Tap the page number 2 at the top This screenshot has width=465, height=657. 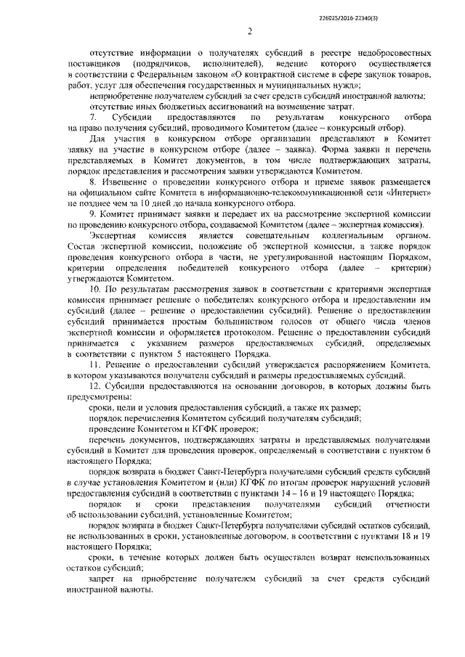pyautogui.click(x=248, y=30)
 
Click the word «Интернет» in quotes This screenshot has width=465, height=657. pyautogui.click(x=397, y=195)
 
